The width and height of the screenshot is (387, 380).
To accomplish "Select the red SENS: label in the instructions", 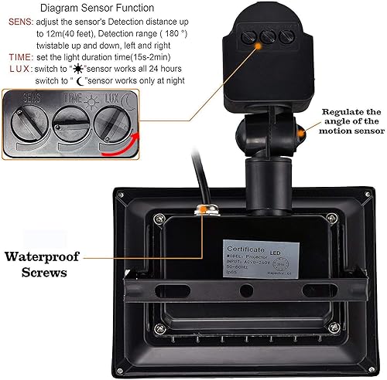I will pyautogui.click(x=19, y=23).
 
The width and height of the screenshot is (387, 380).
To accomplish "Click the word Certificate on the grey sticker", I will pyautogui.click(x=246, y=250).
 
